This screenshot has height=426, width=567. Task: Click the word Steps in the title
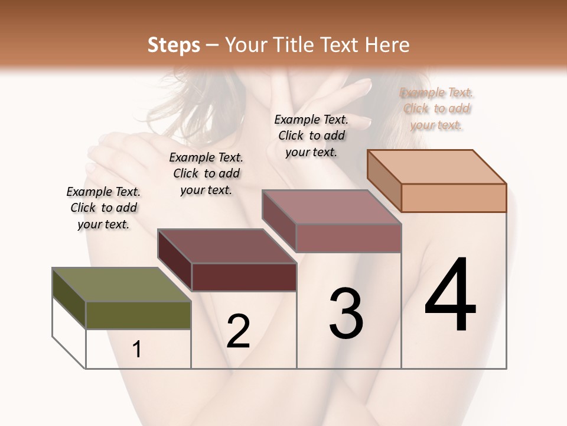pyautogui.click(x=174, y=45)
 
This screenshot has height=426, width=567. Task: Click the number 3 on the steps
pyautogui.click(x=346, y=314)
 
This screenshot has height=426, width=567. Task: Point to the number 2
pyautogui.click(x=238, y=331)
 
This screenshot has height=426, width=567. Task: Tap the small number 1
pyautogui.click(x=137, y=350)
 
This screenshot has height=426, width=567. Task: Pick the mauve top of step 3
pyautogui.click(x=331, y=207)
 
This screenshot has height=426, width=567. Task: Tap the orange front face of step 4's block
pyautogui.click(x=454, y=198)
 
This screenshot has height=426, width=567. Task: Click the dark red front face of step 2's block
pyautogui.click(x=244, y=277)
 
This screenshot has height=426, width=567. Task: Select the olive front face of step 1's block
pyautogui.click(x=138, y=315)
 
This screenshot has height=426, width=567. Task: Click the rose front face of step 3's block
pyautogui.click(x=348, y=238)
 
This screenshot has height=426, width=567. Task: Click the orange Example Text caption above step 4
pyautogui.click(x=436, y=109)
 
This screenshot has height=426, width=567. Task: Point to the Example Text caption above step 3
pyautogui.click(x=311, y=135)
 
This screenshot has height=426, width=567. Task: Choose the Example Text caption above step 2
pyautogui.click(x=206, y=174)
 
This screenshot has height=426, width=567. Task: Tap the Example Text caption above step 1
pyautogui.click(x=103, y=208)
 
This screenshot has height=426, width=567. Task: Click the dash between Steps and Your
pyautogui.click(x=213, y=45)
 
